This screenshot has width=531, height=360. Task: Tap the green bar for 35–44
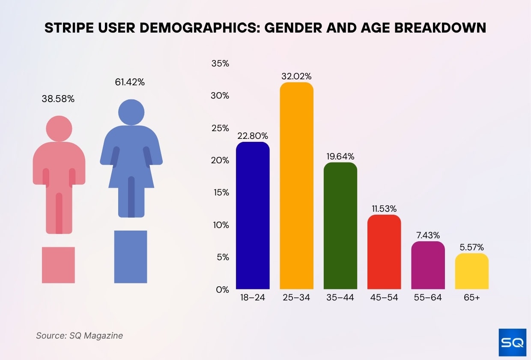click(x=340, y=226)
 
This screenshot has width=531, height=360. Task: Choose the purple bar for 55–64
click(x=428, y=265)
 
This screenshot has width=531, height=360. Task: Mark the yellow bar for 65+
click(x=471, y=271)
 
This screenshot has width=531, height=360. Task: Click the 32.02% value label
click(x=296, y=77)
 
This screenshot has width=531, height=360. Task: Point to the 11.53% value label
click(x=384, y=209)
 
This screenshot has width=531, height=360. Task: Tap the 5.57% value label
click(x=471, y=247)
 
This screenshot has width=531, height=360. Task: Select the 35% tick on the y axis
click(x=221, y=64)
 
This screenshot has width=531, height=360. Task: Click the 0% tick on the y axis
click(x=222, y=290)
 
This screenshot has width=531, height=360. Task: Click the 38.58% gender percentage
click(x=58, y=99)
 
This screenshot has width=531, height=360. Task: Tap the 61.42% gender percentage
click(x=130, y=82)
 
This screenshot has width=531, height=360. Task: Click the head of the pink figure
click(x=59, y=128)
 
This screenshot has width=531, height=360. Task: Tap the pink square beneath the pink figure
click(x=58, y=265)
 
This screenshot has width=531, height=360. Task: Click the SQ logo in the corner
click(x=512, y=342)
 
